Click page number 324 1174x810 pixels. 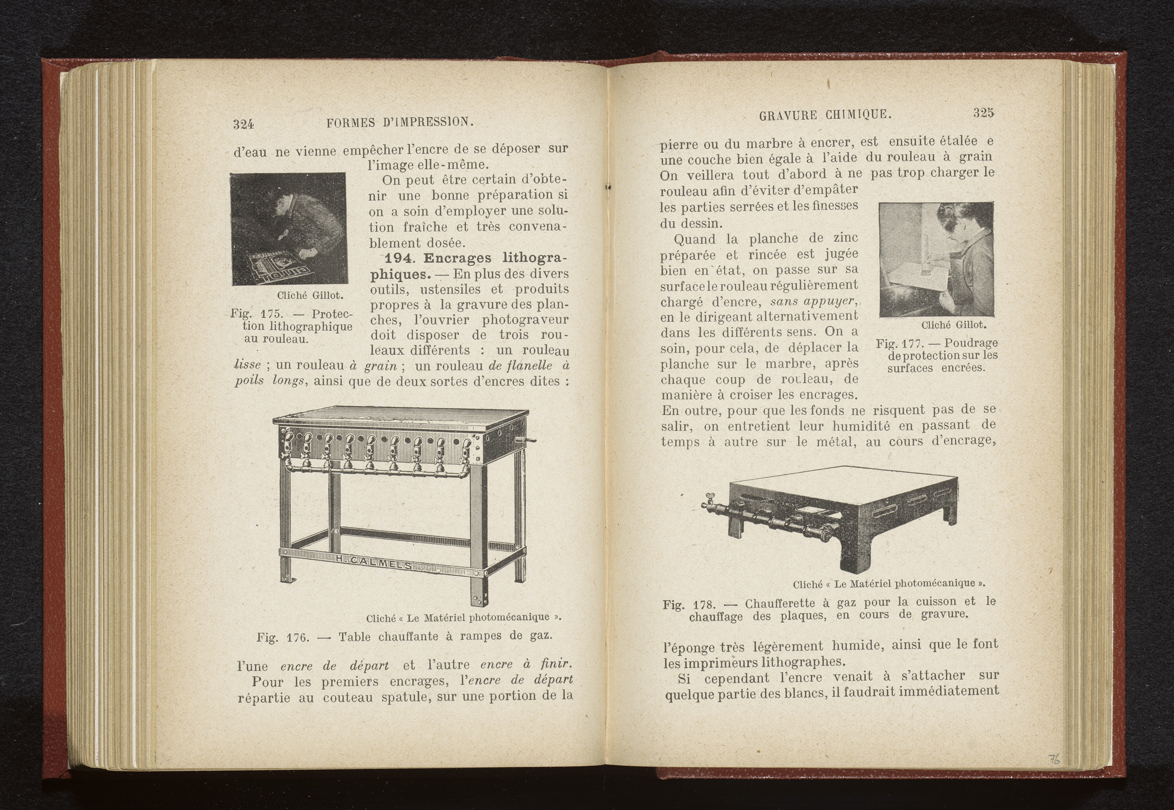point(243,123)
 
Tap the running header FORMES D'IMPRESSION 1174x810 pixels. point(400,122)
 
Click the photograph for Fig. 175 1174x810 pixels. point(288,229)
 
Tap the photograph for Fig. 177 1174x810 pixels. point(936,260)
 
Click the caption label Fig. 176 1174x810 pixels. point(282,637)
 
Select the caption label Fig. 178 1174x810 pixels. point(689,605)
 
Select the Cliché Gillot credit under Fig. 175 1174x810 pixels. point(310,295)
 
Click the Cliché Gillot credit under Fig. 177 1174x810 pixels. point(953,324)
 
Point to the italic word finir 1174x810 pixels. point(556,664)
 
